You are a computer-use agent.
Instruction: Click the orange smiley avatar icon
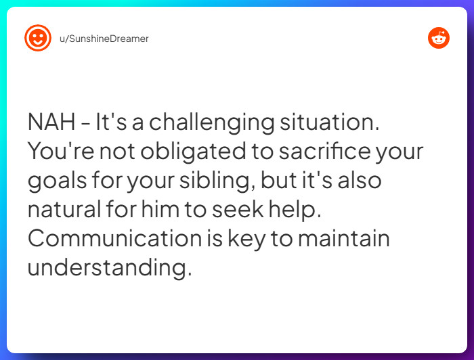pos(37,39)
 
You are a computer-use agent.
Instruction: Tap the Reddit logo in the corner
pos(438,39)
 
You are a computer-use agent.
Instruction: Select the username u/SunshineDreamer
pos(104,39)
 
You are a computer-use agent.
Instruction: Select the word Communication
pos(114,239)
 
